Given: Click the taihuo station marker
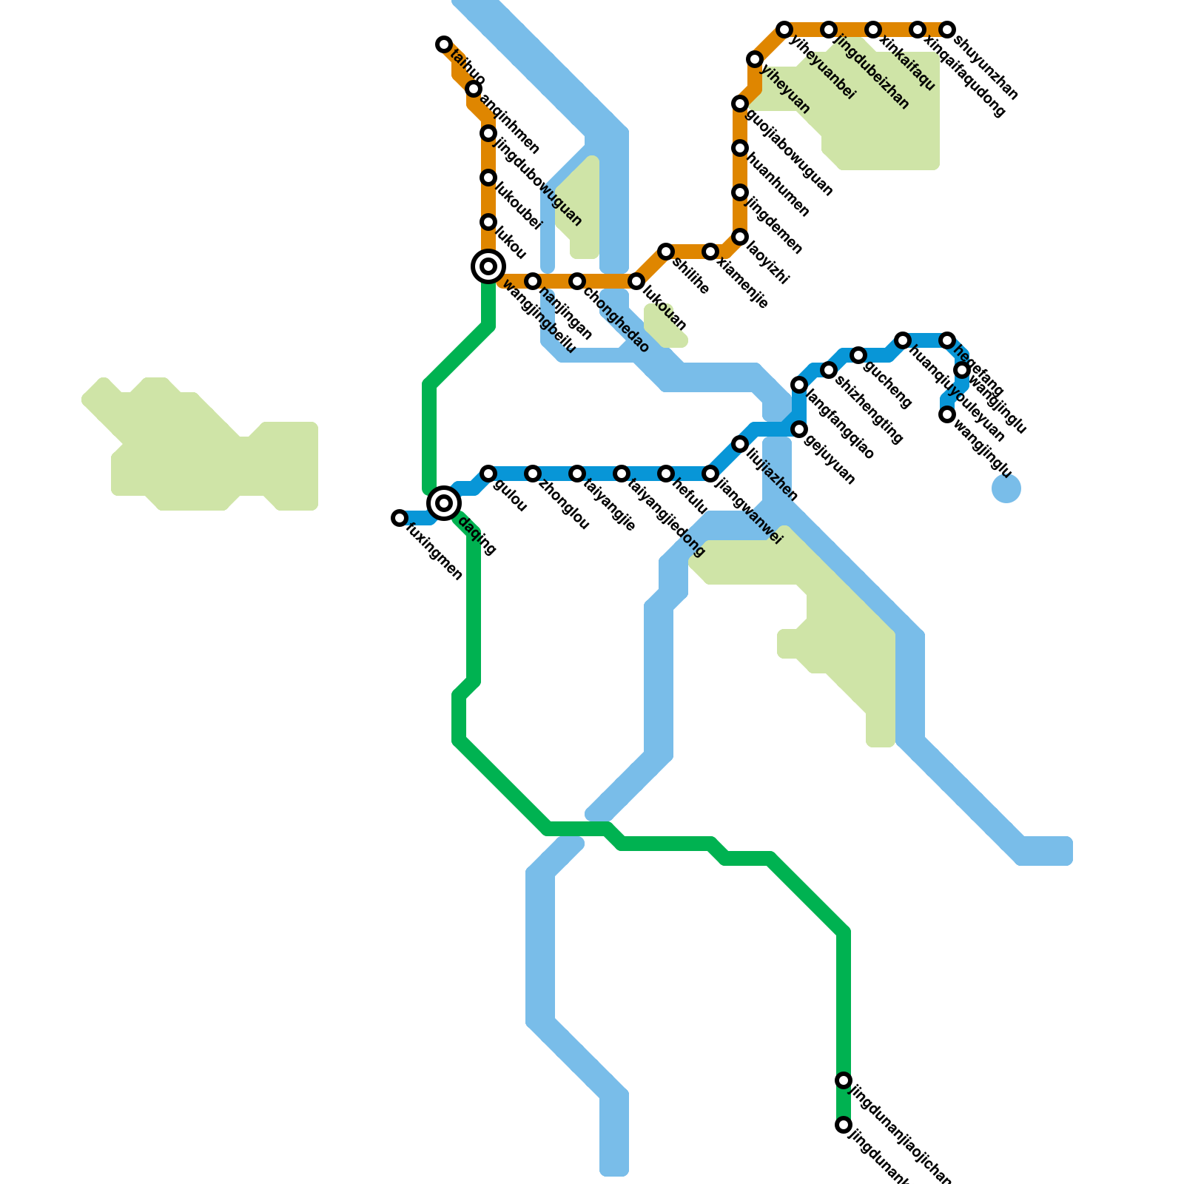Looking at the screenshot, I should click(x=444, y=44).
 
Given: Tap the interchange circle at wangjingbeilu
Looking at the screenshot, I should click(x=488, y=266).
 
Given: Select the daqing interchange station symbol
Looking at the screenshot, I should click(x=444, y=503).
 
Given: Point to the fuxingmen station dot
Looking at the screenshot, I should click(x=400, y=518).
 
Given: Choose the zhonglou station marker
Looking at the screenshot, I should click(x=533, y=474).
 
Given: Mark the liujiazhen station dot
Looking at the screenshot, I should click(x=740, y=444).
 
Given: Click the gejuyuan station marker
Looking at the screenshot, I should click(x=799, y=429).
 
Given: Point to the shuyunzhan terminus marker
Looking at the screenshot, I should click(x=947, y=30).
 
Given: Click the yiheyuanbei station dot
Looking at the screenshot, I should click(x=784, y=30).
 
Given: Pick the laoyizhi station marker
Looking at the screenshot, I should click(x=740, y=237).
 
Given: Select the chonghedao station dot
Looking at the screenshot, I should click(x=577, y=281).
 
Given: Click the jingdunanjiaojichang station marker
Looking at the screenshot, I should click(x=844, y=1080).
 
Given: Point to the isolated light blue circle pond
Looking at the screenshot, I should click(x=1006, y=488).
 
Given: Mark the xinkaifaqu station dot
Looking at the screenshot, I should click(x=873, y=30).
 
